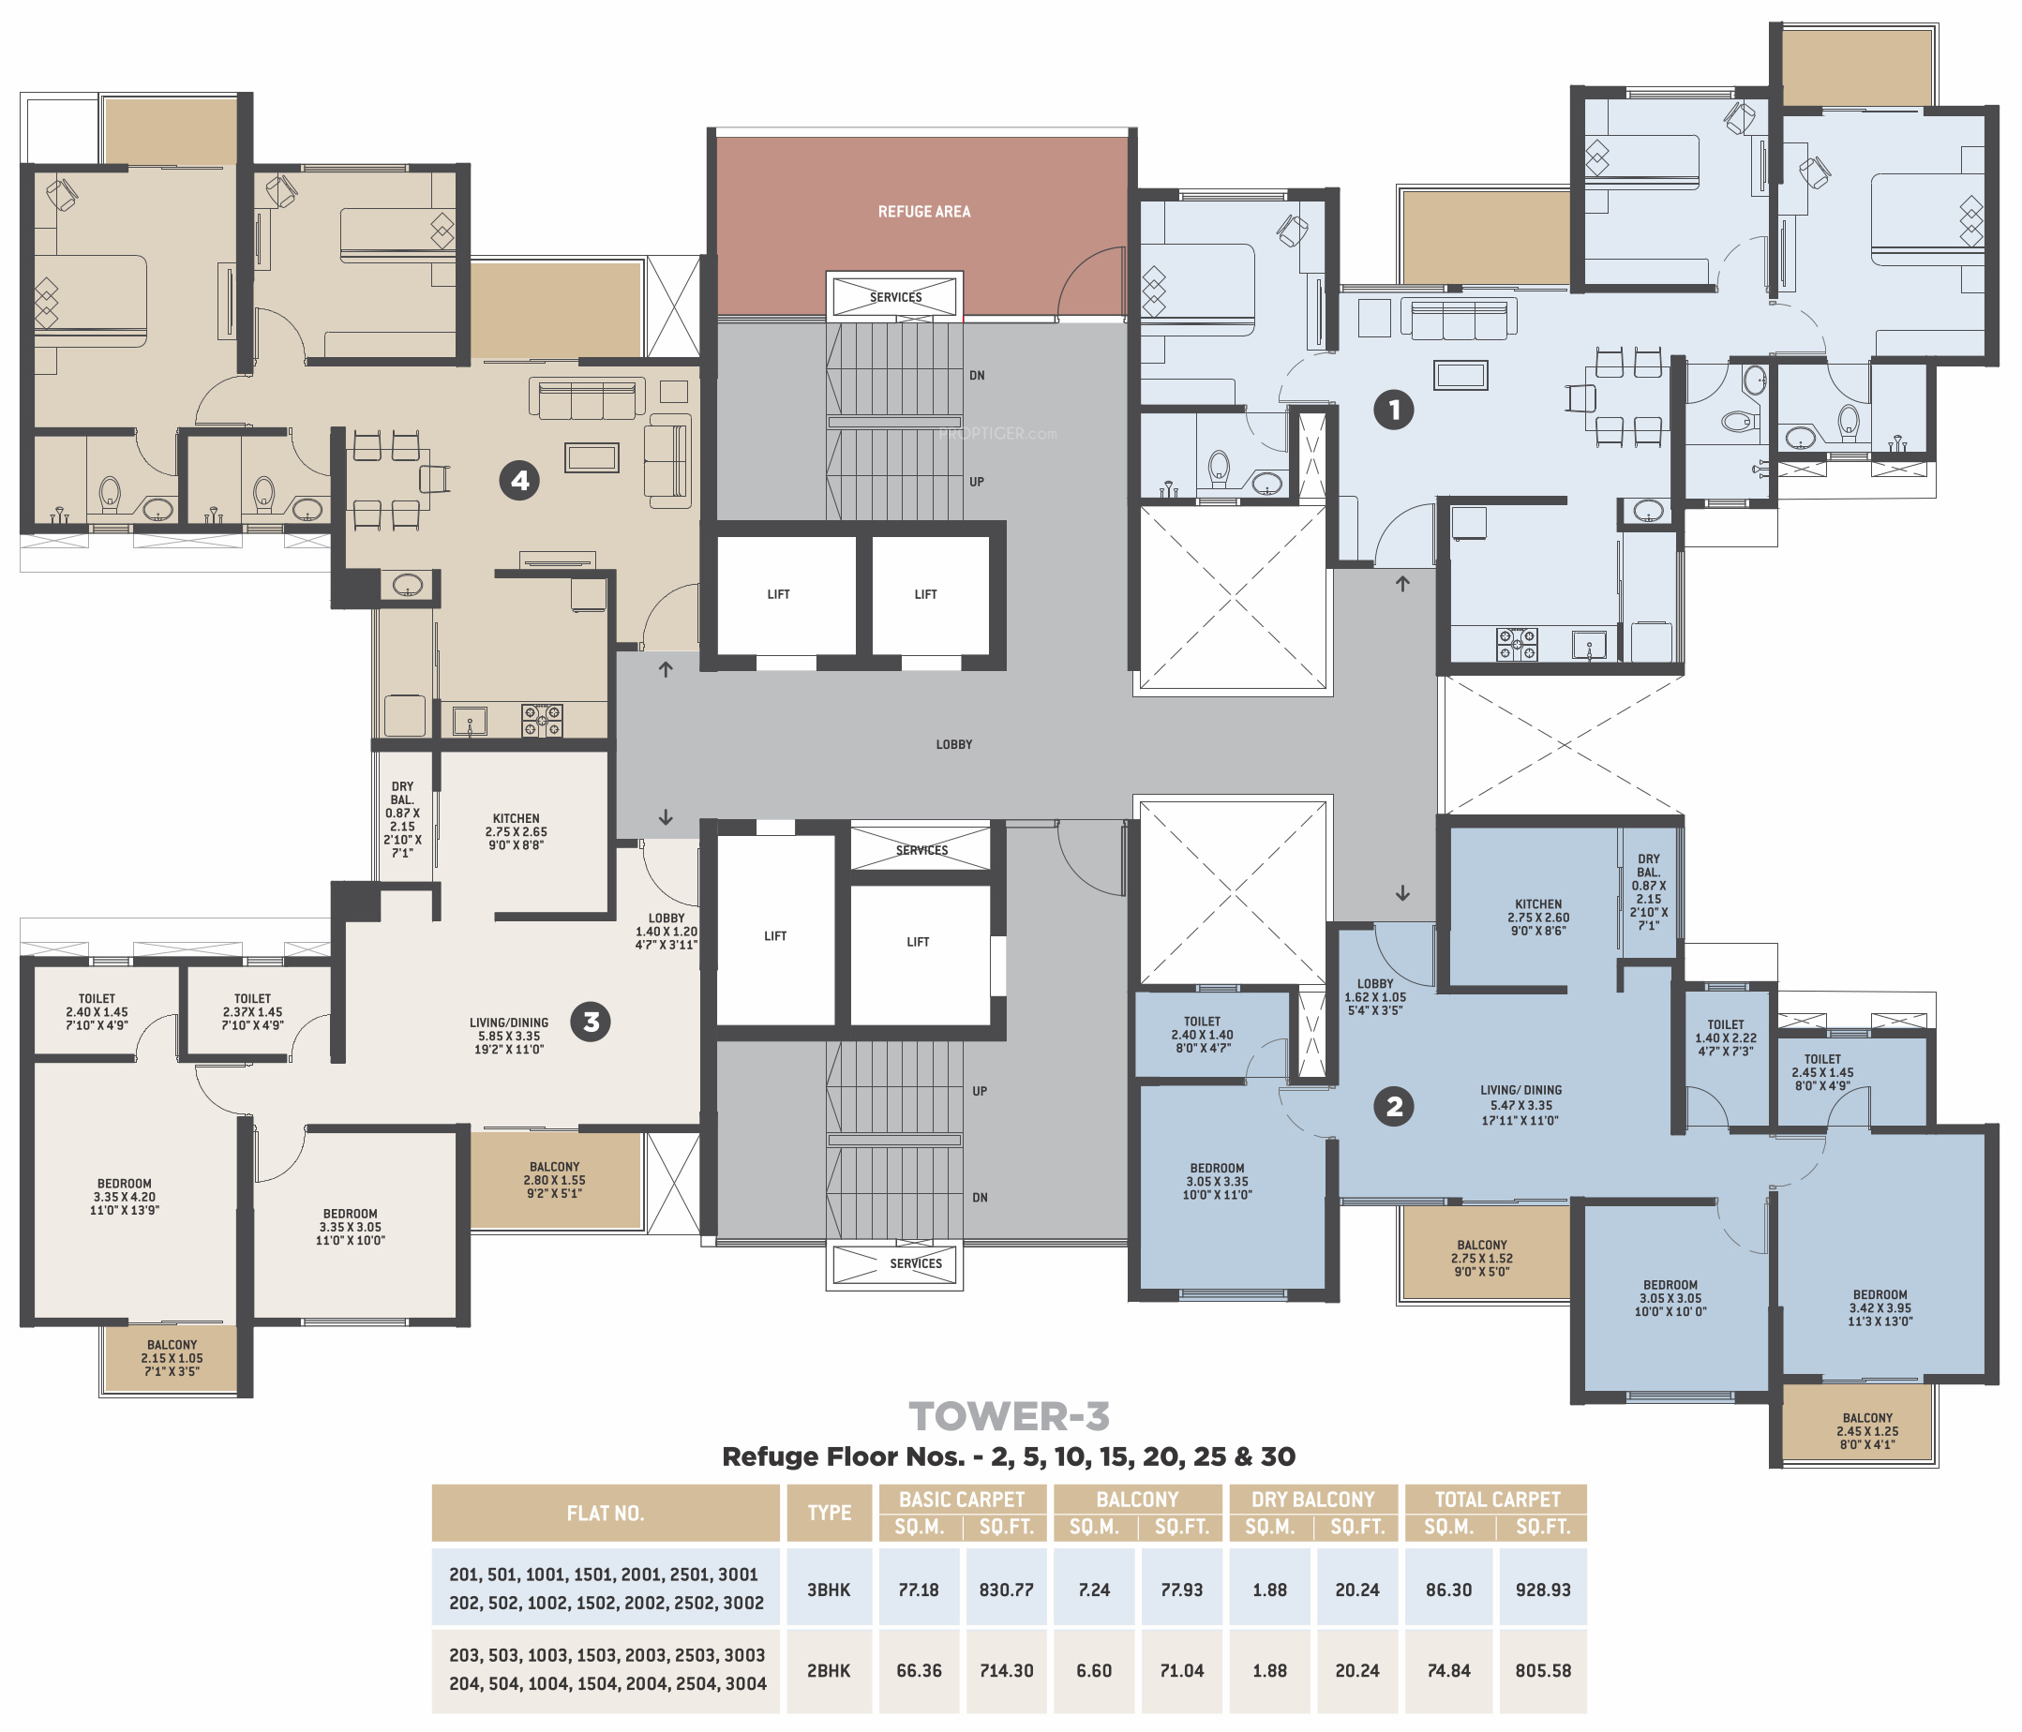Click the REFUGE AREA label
[x=923, y=212]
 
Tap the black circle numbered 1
[x=1394, y=410]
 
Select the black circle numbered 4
[x=519, y=480]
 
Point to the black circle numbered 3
[x=591, y=1022]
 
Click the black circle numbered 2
[x=1394, y=1107]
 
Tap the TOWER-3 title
[x=1009, y=1416]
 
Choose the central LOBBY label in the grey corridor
[x=953, y=744]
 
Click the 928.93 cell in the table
[x=1543, y=1590]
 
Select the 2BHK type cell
[x=829, y=1670]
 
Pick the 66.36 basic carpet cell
[x=919, y=1670]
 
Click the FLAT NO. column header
[x=605, y=1514]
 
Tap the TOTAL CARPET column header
[x=1497, y=1500]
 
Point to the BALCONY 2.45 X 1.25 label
[x=1866, y=1430]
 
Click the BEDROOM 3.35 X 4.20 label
[x=124, y=1196]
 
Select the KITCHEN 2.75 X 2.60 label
[x=1538, y=918]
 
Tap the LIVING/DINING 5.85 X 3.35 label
[x=508, y=1036]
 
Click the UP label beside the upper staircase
[x=976, y=482]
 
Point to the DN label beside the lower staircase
[x=980, y=1197]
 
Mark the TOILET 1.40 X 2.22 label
[x=1726, y=1038]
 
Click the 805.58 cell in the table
[x=1543, y=1670]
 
